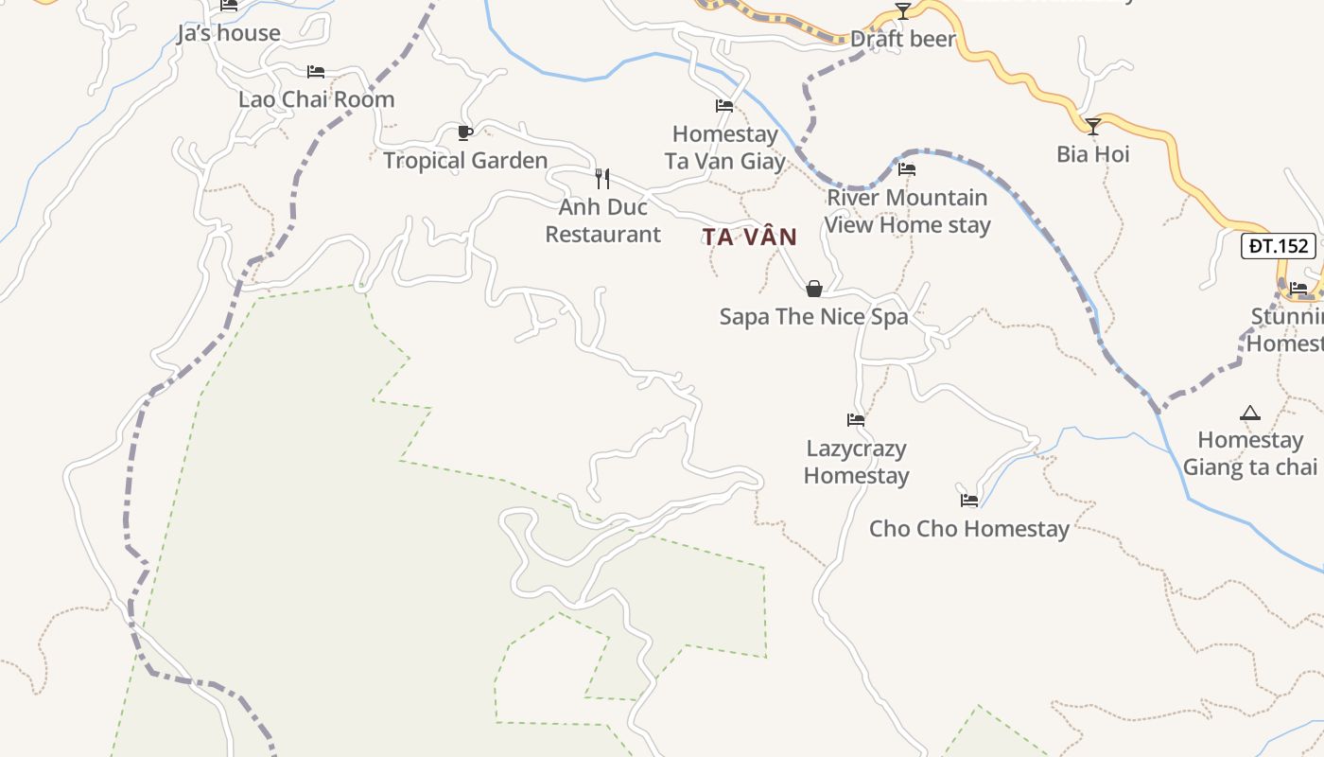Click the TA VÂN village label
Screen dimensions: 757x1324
point(750,237)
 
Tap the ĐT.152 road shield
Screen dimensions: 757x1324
point(1279,246)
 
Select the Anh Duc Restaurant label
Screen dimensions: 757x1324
point(603,220)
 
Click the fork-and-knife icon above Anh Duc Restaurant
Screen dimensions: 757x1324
point(602,178)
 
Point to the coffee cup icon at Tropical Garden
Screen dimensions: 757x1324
point(464,132)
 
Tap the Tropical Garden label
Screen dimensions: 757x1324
point(465,161)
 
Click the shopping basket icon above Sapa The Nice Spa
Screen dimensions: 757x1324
point(813,289)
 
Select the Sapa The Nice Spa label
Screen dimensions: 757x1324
point(813,316)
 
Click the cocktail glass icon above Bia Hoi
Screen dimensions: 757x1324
point(1092,126)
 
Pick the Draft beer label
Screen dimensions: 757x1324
point(903,40)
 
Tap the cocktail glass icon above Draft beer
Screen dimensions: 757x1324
point(903,11)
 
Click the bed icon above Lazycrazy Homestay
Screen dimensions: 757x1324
point(856,420)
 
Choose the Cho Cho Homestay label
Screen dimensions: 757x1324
point(969,529)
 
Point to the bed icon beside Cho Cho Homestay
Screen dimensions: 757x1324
point(969,501)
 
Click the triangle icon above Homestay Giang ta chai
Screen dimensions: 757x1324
point(1250,413)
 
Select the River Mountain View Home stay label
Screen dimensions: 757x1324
point(907,211)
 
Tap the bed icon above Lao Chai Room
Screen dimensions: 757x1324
point(316,72)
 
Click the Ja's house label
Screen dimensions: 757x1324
point(229,34)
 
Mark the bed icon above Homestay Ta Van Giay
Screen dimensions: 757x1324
point(724,106)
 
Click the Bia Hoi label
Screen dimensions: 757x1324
point(1092,154)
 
